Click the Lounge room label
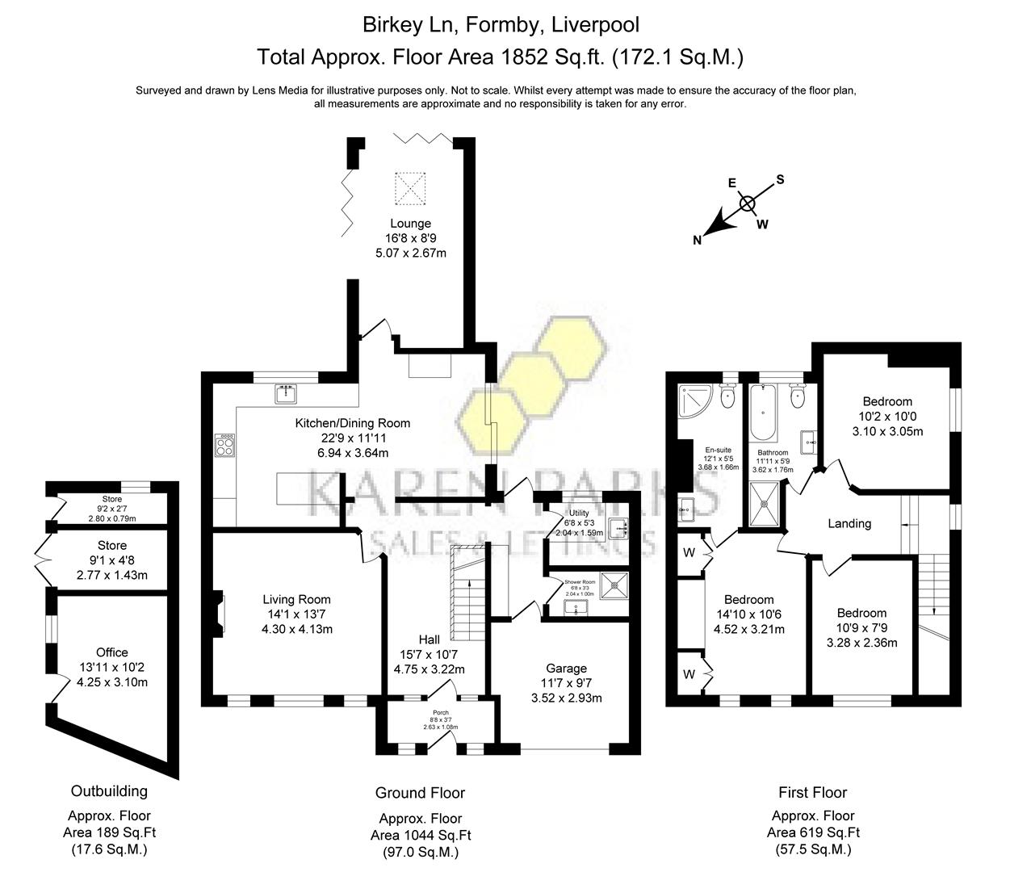410,224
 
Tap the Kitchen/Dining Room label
352,423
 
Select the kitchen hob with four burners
225,446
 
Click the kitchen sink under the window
287,394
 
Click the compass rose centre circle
748,203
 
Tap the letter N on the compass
698,240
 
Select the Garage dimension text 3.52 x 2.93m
566,698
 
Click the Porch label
440,713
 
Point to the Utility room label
579,513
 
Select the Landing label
849,523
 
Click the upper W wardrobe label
689,553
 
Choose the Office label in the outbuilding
111,652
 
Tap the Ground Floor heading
420,793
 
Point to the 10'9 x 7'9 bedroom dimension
861,628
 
